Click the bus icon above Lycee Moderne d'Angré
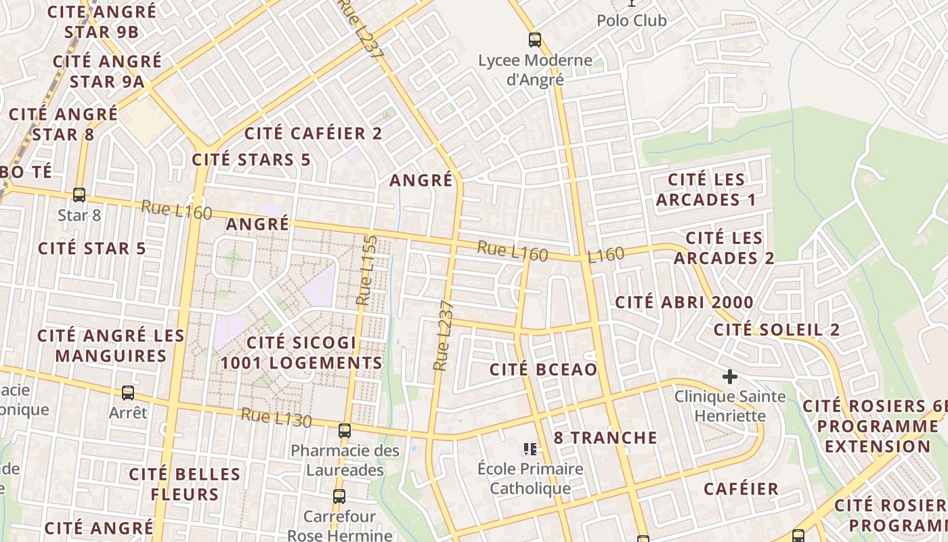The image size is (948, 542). point(535,40)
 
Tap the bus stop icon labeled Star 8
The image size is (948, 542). point(79,195)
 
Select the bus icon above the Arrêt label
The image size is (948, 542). point(127,392)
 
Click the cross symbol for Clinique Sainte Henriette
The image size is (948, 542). point(729,376)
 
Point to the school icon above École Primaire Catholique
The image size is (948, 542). point(530,449)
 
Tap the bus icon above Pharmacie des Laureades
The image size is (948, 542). point(345,430)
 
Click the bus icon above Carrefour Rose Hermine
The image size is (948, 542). point(339,496)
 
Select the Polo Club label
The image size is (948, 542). point(631,20)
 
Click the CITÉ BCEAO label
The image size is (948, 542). point(543,369)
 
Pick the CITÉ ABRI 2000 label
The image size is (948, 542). point(684,302)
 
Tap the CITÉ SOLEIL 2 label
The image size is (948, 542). point(777,330)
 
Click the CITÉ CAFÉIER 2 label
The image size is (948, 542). point(313,133)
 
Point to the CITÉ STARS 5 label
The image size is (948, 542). point(251,160)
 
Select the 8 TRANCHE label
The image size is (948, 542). point(605,438)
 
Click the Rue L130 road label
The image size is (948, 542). point(276,418)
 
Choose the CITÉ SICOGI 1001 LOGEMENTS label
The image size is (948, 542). point(301,353)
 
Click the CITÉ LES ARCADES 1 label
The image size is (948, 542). point(706,190)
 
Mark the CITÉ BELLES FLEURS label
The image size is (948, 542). point(184,484)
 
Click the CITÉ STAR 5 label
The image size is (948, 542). point(92,249)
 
